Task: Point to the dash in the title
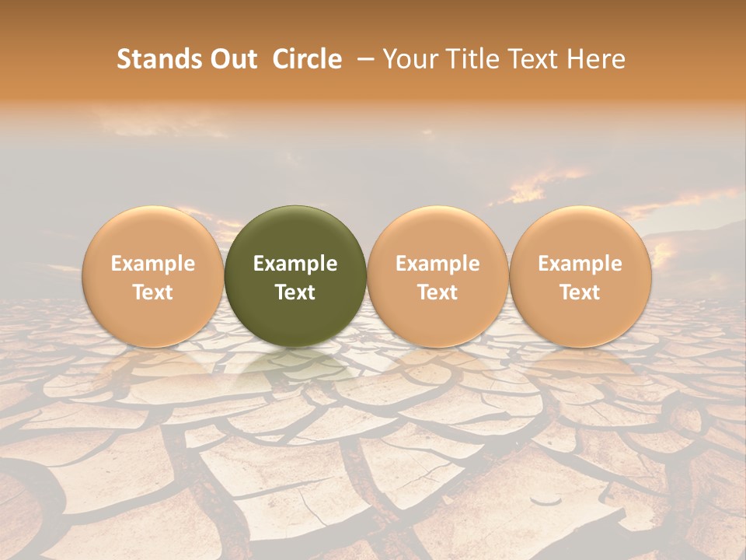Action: [363, 59]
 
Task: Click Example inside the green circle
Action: [295, 264]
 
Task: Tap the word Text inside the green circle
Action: [295, 292]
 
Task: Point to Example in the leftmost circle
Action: [153, 264]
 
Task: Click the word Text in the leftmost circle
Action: [153, 292]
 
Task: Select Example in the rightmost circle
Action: [580, 264]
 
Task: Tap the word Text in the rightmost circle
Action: [580, 292]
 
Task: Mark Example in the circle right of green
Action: [437, 264]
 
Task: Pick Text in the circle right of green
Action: [437, 292]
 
